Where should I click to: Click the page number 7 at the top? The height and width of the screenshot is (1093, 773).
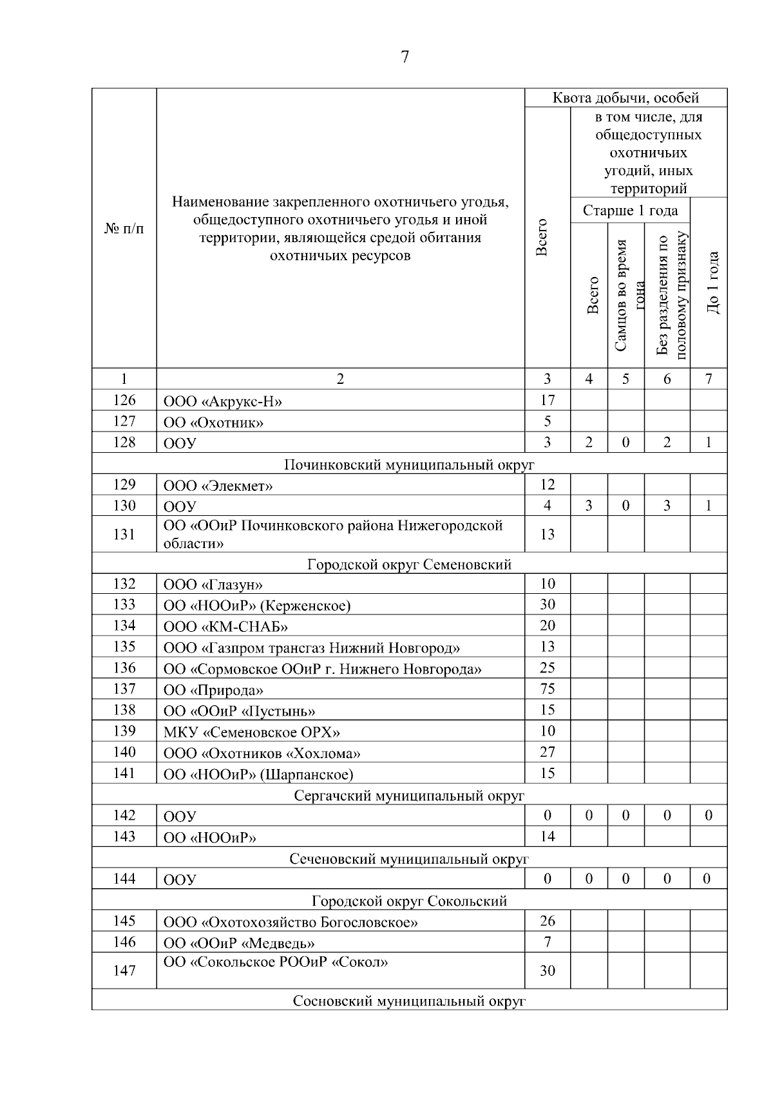(x=405, y=57)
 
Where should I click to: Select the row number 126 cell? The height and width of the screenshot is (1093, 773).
(x=124, y=400)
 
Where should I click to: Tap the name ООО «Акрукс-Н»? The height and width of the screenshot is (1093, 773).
(x=222, y=402)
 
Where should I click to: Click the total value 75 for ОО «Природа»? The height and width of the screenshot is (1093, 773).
(x=547, y=689)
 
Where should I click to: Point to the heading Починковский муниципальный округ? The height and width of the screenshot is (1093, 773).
(x=409, y=464)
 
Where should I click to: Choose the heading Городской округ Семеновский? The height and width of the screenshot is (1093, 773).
(x=409, y=564)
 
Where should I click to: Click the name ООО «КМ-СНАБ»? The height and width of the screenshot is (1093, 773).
(x=225, y=627)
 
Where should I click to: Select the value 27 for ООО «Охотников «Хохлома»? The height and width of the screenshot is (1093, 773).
(x=547, y=752)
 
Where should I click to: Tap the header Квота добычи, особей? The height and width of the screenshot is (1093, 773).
(x=625, y=98)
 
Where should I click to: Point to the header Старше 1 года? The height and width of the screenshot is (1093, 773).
(x=629, y=211)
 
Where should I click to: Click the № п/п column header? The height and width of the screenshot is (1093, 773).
(x=124, y=229)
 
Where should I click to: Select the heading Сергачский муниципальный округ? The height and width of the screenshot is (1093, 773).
(x=409, y=795)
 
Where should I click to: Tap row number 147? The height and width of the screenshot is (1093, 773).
(x=124, y=970)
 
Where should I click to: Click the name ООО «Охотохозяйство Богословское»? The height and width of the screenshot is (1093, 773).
(x=291, y=922)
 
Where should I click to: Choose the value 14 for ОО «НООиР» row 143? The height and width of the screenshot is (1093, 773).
(x=547, y=836)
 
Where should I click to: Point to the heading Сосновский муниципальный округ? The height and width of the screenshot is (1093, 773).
(x=409, y=1001)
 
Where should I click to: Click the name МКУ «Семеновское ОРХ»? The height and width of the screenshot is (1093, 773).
(x=251, y=732)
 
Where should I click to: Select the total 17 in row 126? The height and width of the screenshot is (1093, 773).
(x=547, y=400)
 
